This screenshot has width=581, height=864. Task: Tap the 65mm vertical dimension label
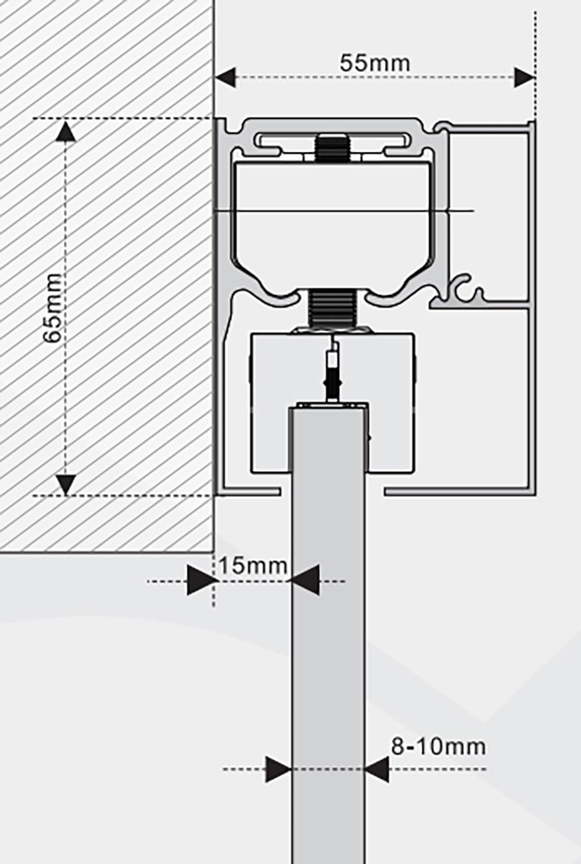coord(52,307)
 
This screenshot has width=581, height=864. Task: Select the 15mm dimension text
coord(253,566)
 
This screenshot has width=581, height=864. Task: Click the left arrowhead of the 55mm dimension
coord(225,77)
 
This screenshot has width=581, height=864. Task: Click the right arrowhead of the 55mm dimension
coord(525,77)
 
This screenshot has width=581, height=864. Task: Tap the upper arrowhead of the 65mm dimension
coord(66,131)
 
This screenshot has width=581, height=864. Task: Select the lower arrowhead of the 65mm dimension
coord(66,485)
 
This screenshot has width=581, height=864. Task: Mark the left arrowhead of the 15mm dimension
coord(200,580)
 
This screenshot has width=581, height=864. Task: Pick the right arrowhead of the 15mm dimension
coord(305,580)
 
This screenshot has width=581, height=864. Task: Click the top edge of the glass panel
coord(328,408)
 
